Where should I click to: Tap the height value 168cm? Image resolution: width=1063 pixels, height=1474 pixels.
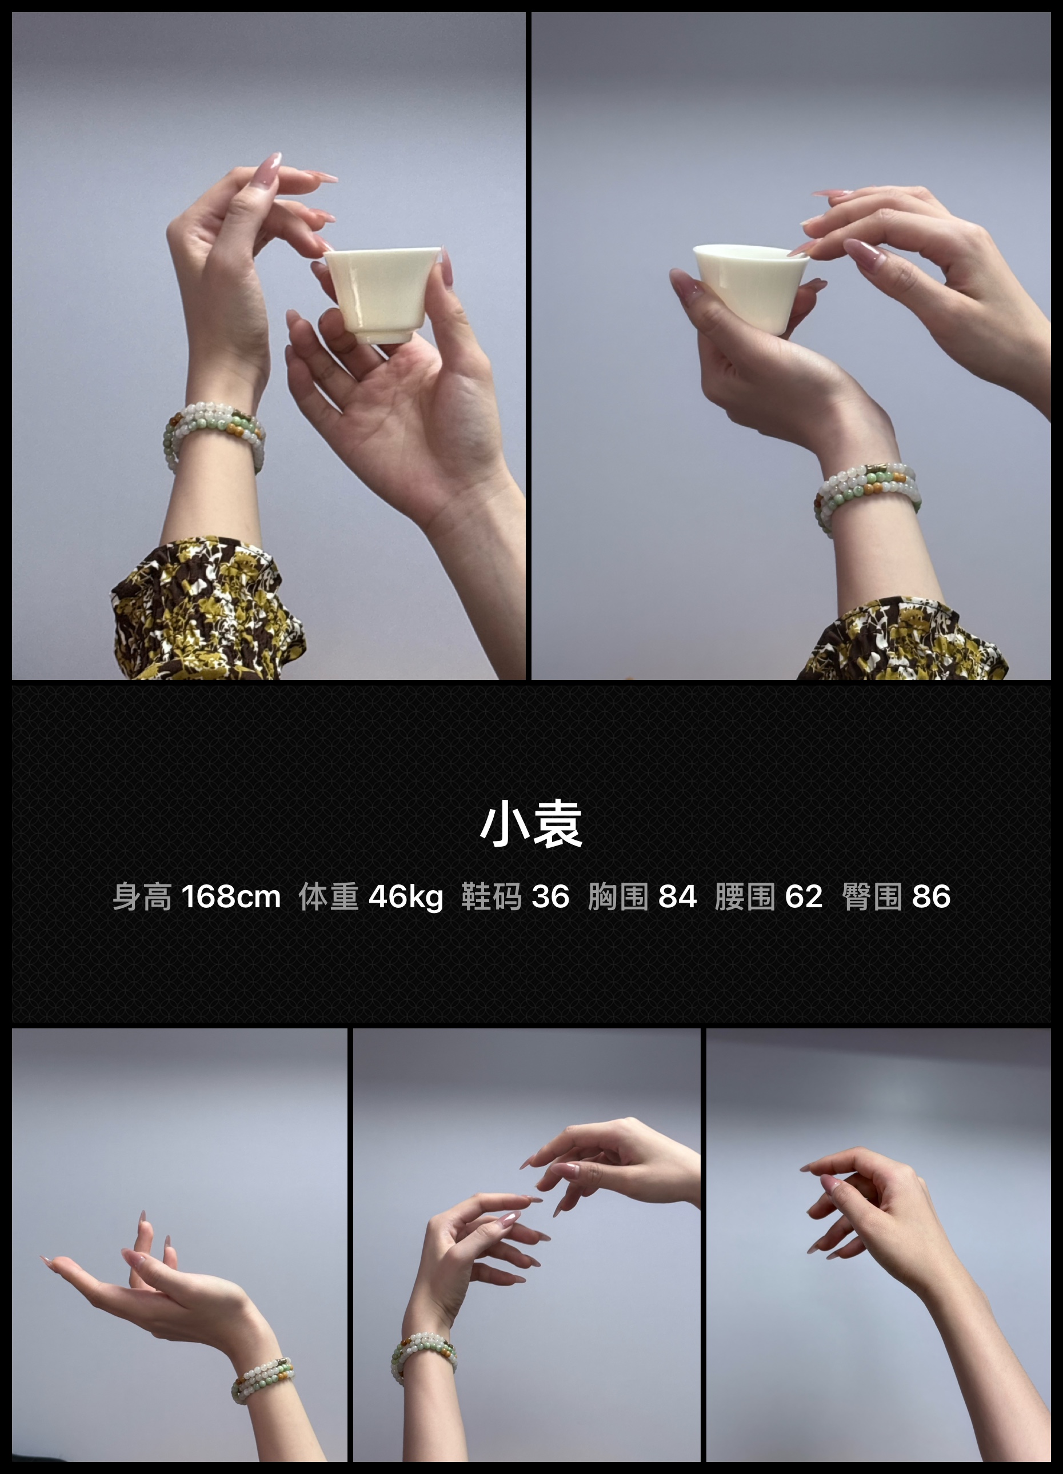[x=231, y=897]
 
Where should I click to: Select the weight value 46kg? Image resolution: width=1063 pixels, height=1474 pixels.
[x=406, y=897]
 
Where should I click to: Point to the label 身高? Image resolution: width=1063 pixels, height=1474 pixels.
[x=142, y=897]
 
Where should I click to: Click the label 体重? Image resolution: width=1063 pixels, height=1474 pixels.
[x=328, y=897]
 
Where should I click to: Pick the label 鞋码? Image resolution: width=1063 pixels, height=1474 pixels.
[x=491, y=897]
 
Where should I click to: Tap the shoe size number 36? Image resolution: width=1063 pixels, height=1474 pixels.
[x=551, y=897]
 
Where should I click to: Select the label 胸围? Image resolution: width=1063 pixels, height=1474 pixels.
[x=618, y=897]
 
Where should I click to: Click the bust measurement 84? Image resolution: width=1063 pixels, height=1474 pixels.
[x=677, y=897]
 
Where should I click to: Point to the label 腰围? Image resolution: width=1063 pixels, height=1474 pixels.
[x=745, y=897]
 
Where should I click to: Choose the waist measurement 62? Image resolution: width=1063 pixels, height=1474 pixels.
[x=804, y=897]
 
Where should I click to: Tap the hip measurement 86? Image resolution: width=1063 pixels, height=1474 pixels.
[x=931, y=897]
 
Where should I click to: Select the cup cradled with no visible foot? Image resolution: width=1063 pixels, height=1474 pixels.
[x=750, y=286]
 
